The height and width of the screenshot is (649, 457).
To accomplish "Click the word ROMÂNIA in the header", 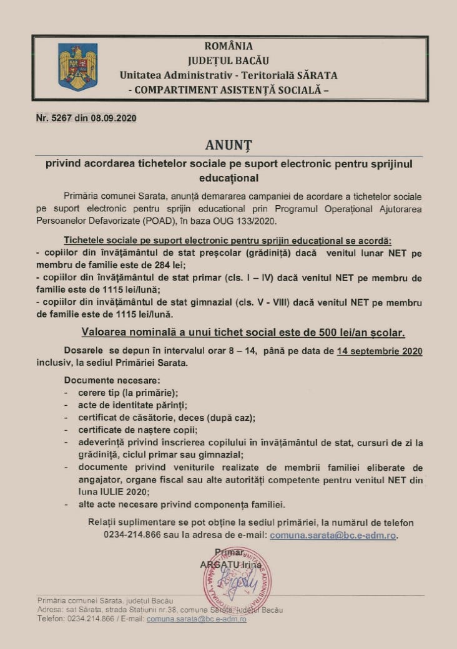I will [228, 46].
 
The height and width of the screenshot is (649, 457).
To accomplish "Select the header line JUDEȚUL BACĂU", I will [228, 60].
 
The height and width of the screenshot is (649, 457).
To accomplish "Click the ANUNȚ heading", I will [228, 145].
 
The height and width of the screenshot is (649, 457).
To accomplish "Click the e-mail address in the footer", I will [196, 618].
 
